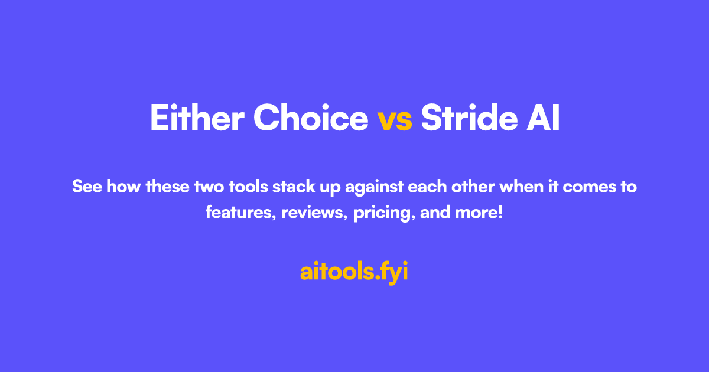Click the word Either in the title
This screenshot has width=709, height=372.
[197, 118]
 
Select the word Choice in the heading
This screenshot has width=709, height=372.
[311, 118]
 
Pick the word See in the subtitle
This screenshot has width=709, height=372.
[85, 187]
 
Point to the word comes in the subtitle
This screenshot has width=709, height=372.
[583, 187]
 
